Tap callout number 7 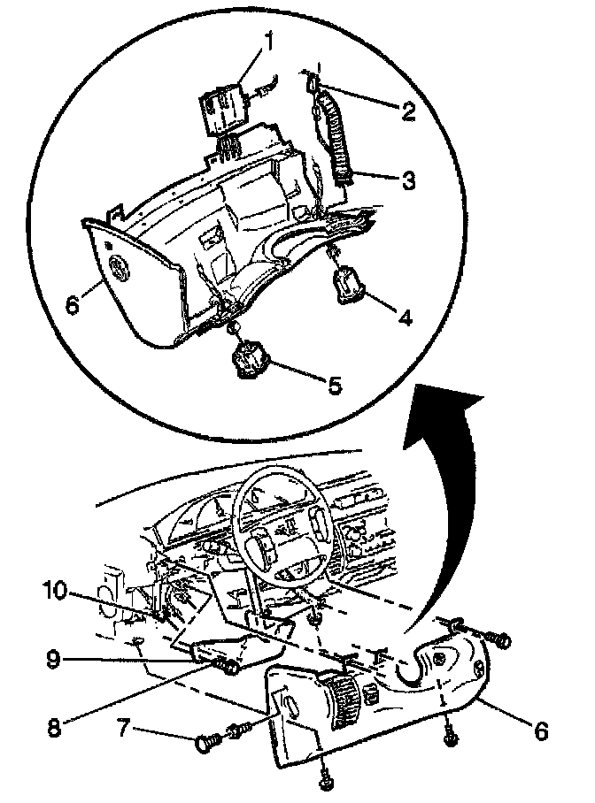pyautogui.click(x=124, y=729)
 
